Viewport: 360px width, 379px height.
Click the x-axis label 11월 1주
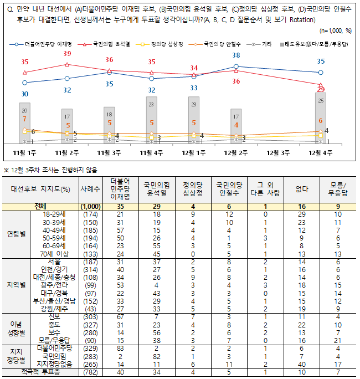click(x=24, y=152)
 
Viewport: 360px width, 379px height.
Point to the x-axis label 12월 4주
click(x=321, y=152)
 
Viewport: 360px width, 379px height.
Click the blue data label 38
click(x=236, y=55)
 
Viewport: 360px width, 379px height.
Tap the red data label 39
click(x=67, y=54)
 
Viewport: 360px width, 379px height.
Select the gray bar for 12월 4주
click(x=321, y=117)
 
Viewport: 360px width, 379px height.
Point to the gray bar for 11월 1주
click(x=24, y=123)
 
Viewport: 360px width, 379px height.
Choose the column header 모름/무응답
click(x=338, y=189)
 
